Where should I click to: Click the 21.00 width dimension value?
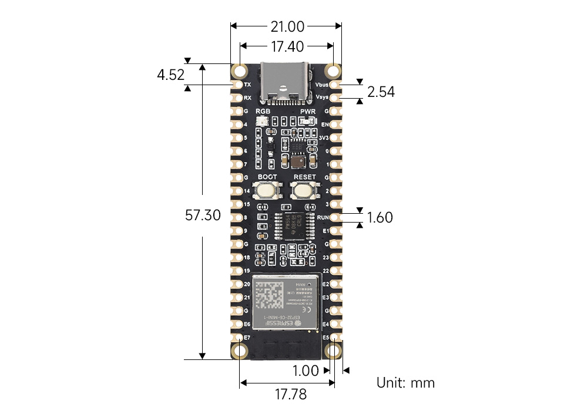coord(287,26)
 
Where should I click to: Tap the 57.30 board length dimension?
coord(203,215)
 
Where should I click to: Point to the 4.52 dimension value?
coord(170,75)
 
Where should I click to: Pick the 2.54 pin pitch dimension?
coord(381,92)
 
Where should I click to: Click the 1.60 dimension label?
coord(380,218)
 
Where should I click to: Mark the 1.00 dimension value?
coord(305,371)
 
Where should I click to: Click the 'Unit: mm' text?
coord(405,383)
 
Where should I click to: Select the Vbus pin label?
coord(322,85)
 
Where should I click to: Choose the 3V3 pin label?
coord(323,138)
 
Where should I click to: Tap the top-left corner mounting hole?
coord(240,71)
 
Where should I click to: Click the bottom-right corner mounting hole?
coord(334,351)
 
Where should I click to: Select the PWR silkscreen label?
coord(308,111)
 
